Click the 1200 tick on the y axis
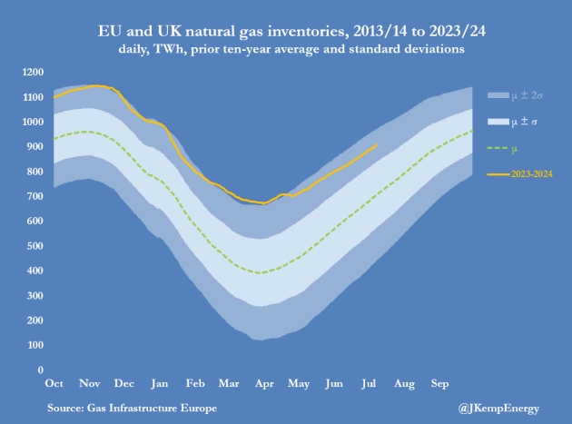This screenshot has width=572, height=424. [x=33, y=72]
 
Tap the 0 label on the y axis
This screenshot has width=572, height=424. [x=41, y=370]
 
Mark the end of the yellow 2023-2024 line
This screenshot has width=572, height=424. [x=377, y=144]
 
